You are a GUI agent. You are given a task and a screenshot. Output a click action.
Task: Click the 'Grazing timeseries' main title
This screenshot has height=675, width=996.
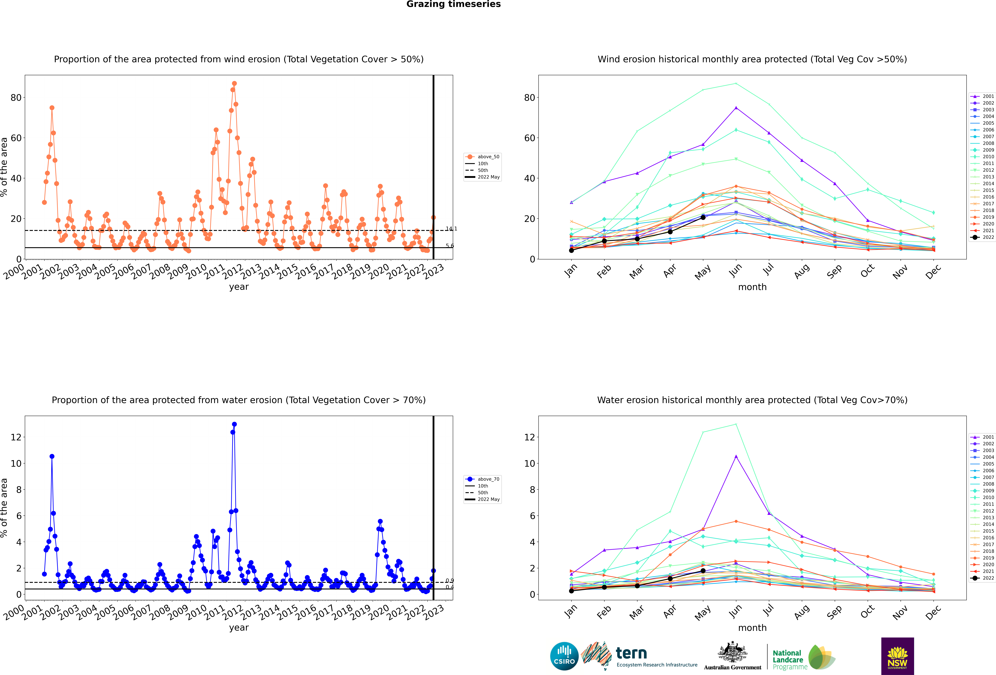point(453,4)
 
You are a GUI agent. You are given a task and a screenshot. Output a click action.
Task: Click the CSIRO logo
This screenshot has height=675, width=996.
point(564,656)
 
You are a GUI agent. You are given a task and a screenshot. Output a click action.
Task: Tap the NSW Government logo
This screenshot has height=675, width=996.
point(897,656)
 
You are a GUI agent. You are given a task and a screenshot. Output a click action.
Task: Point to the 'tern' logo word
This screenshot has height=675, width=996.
point(631,653)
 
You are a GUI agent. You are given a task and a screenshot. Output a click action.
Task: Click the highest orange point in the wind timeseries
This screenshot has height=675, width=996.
point(234,84)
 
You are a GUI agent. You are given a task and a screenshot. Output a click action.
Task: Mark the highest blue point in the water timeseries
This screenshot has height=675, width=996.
point(234,424)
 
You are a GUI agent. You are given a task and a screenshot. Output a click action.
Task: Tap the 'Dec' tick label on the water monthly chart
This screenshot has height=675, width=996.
point(933,612)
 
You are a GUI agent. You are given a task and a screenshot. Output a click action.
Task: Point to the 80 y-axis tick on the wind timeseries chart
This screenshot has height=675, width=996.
point(16,98)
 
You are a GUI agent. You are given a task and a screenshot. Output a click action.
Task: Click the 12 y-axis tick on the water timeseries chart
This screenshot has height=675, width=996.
point(16,437)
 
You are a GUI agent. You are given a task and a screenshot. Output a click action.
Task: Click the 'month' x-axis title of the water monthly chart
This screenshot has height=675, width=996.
point(752,628)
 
